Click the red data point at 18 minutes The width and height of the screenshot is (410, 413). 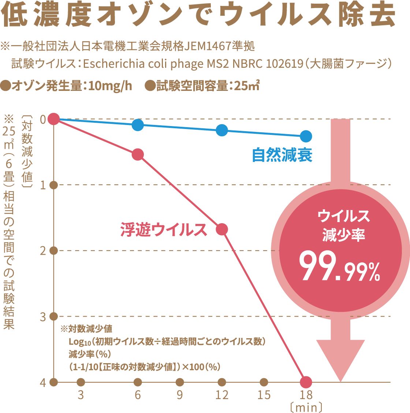(x=306, y=382)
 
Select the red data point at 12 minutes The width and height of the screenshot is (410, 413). (x=222, y=229)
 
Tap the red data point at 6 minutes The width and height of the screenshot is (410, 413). (x=138, y=155)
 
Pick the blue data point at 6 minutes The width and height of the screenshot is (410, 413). (x=138, y=125)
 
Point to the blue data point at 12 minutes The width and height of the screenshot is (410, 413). (x=222, y=130)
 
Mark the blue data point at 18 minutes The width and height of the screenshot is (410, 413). (x=306, y=136)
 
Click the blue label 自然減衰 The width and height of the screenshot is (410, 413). (x=282, y=155)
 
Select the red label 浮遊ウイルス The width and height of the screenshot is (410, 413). (x=164, y=230)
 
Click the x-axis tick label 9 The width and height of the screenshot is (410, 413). (x=179, y=395)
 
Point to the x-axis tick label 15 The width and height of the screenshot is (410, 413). (x=264, y=395)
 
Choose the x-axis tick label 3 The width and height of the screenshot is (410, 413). (x=81, y=395)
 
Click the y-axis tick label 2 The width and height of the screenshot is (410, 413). (x=43, y=251)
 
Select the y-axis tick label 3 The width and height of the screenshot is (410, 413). (x=43, y=317)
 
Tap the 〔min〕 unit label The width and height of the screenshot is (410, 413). (x=306, y=407)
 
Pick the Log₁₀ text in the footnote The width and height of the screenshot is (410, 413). (x=79, y=342)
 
